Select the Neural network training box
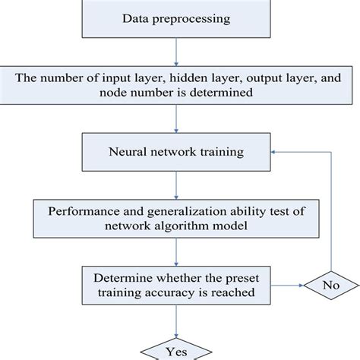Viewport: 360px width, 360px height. [x=176, y=152]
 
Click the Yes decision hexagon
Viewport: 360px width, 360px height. [x=175, y=350]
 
